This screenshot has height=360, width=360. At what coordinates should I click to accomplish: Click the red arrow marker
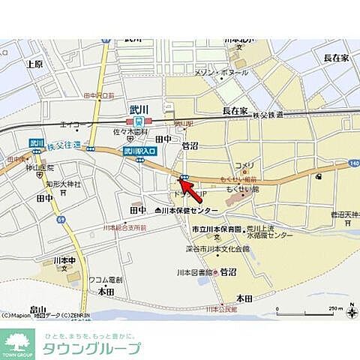pos(190,185)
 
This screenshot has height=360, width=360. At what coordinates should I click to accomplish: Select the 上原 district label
pos(34,64)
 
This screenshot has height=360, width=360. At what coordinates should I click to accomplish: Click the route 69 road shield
pos(62,219)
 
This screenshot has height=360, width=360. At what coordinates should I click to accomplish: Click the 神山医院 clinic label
pos(39,168)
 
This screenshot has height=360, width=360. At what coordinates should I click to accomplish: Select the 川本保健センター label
pos(191,211)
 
